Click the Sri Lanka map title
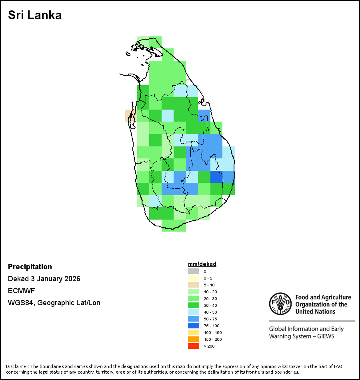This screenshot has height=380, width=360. (x=35, y=16)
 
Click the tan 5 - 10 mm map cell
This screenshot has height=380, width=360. (x=129, y=115)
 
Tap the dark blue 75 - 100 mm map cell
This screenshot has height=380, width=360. (x=216, y=177)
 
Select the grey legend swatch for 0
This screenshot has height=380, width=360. (x=194, y=271)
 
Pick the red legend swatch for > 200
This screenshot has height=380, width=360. (x=194, y=346)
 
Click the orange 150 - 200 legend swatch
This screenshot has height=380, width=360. (x=194, y=339)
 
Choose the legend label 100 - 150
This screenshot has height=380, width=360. (x=212, y=332)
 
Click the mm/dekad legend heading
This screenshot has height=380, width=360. (x=202, y=264)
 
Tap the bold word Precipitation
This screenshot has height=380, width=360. (x=30, y=267)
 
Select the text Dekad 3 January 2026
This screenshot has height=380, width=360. (x=44, y=279)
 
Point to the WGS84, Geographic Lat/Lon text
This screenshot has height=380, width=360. (x=54, y=303)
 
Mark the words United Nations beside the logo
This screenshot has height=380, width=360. (x=313, y=311)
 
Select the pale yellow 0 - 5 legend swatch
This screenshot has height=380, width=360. (x=194, y=278)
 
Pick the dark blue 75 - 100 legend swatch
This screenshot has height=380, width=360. (x=194, y=326)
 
